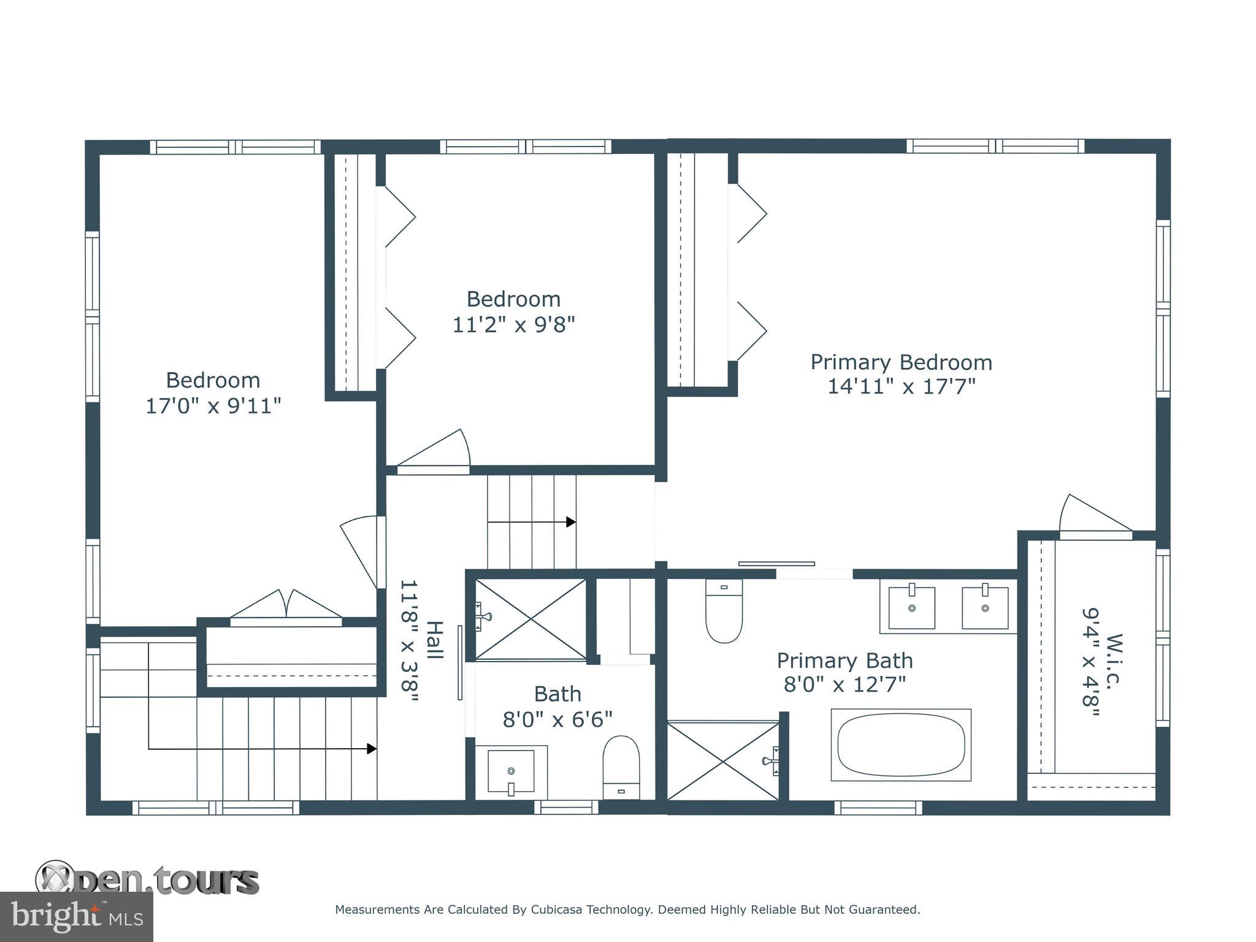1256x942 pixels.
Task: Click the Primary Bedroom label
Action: [x=901, y=362]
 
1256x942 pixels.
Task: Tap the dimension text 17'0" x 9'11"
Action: [x=213, y=406]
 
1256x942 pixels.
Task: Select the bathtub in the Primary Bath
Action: [x=900, y=745]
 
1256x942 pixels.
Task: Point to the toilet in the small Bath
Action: [x=621, y=767]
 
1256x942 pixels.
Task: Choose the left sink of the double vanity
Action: [x=911, y=607]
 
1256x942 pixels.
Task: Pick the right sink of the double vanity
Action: [x=985, y=607]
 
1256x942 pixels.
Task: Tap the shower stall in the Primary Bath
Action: [x=722, y=761]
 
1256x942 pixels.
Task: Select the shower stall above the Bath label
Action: [x=530, y=619]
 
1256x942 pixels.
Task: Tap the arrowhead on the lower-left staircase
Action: [x=372, y=749]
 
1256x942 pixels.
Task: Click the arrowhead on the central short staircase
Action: [x=571, y=522]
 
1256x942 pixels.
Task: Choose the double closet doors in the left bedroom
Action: [x=286, y=605]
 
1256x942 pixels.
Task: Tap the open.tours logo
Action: [x=147, y=881]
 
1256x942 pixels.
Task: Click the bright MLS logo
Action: [x=76, y=916]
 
